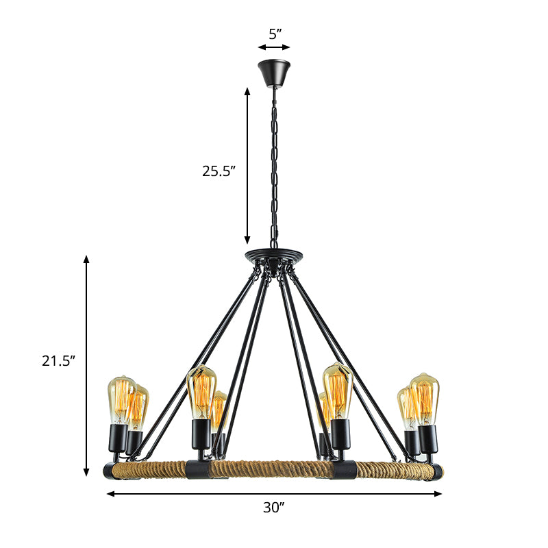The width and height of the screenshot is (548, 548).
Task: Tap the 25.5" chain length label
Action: [219, 171]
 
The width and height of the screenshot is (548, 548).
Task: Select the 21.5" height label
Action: [58, 362]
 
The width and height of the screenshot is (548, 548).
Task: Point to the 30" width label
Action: [274, 508]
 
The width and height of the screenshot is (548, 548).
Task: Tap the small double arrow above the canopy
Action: [274, 47]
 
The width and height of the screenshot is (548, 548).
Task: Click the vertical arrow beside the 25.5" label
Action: [248, 165]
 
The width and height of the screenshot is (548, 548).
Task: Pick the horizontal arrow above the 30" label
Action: [274, 493]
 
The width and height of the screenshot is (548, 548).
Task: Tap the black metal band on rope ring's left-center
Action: [199, 469]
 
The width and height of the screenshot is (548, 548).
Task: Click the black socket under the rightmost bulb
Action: [427, 440]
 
